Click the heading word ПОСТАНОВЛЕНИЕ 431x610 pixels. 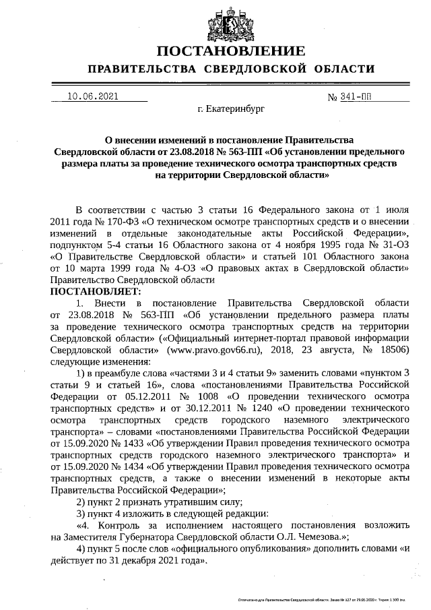tap(231, 52)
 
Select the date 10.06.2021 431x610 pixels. tap(92, 96)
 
